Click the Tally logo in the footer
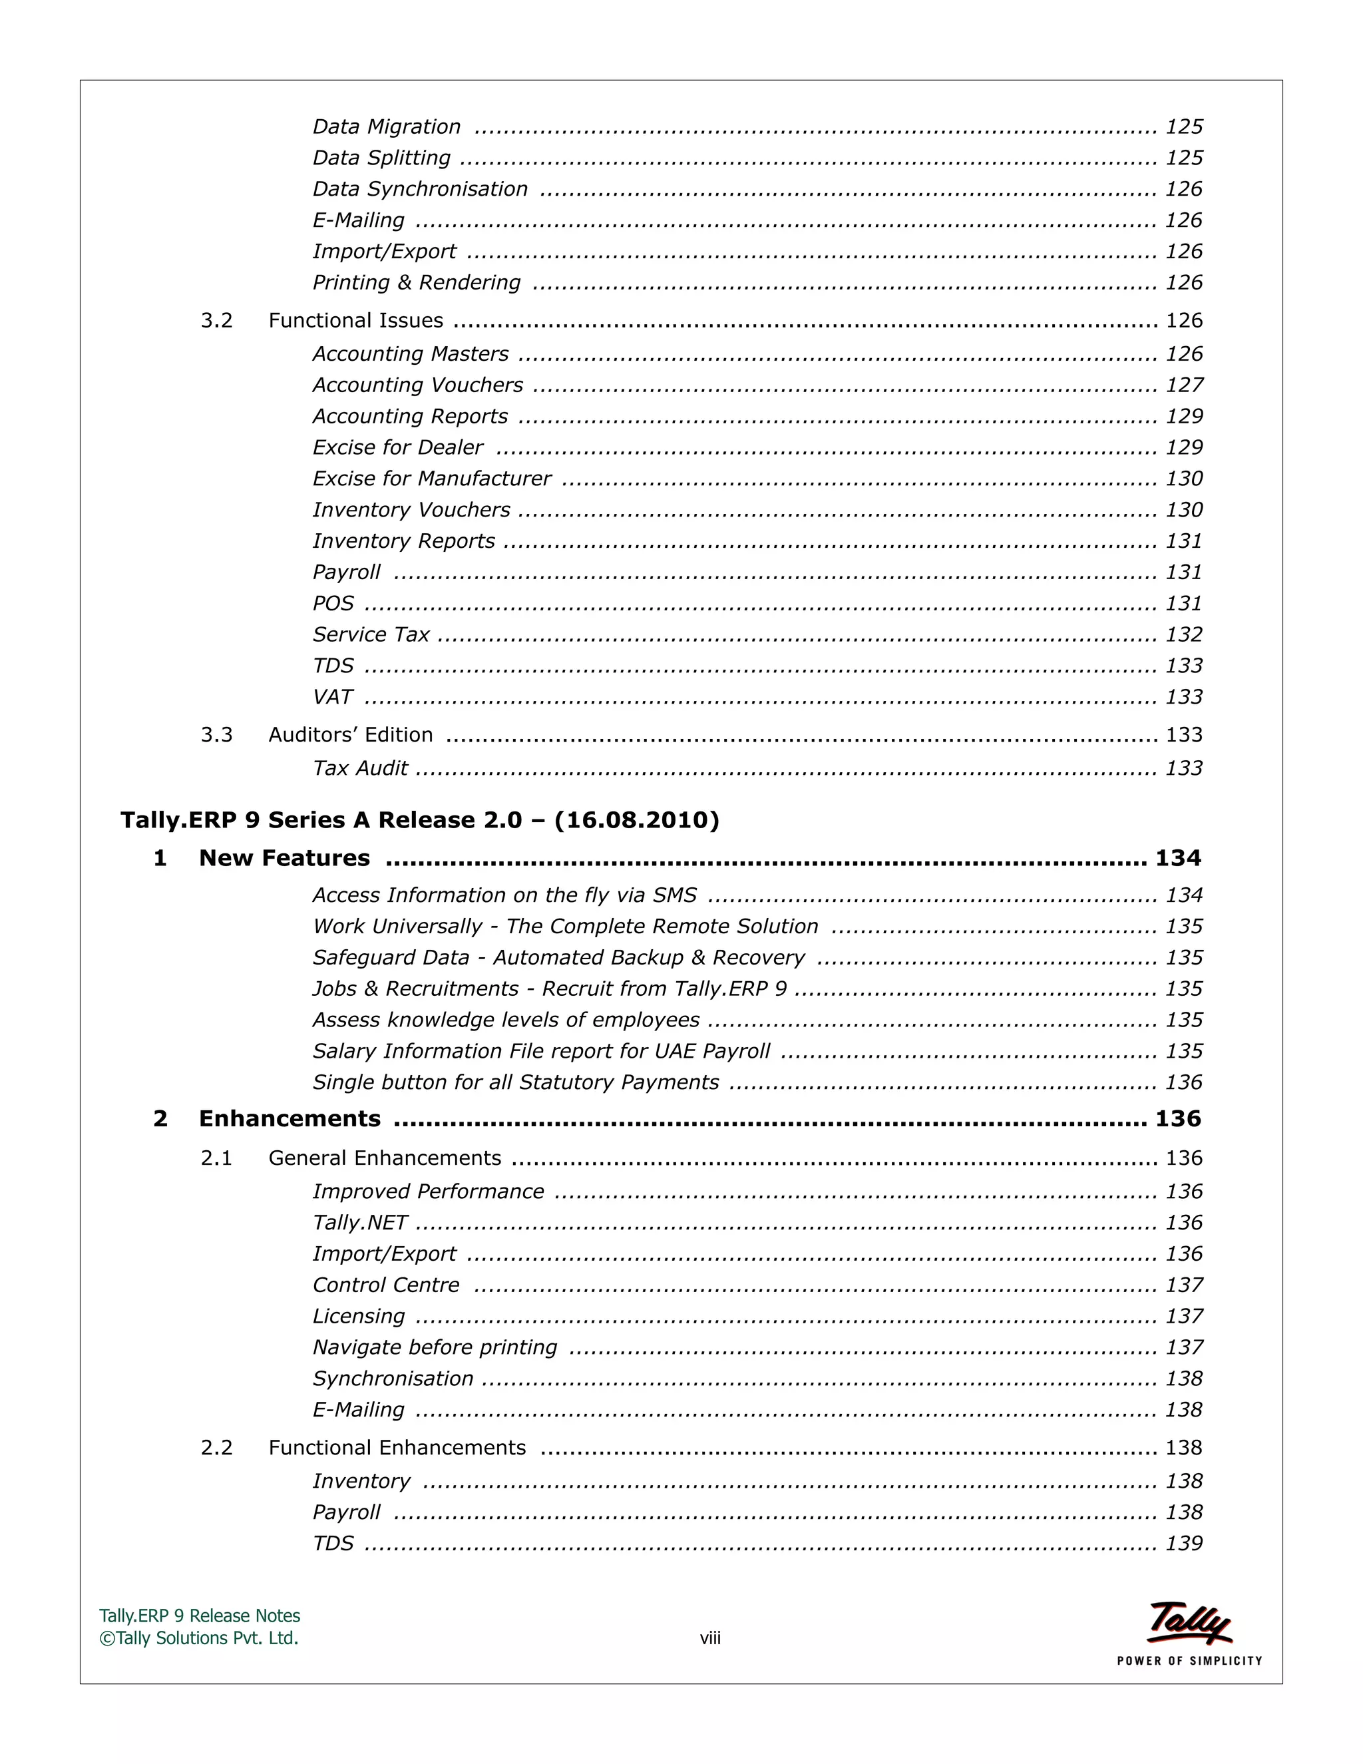[x=1189, y=1624]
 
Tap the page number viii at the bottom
[x=709, y=1638]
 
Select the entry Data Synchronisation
[x=420, y=189]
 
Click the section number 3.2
[x=216, y=321]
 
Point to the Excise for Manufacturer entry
[x=431, y=479]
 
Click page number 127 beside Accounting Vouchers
[x=1184, y=385]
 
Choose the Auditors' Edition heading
[x=351, y=735]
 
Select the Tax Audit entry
[x=360, y=768]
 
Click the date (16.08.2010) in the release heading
[x=636, y=820]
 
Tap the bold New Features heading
[x=284, y=858]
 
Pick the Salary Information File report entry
[x=541, y=1051]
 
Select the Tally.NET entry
[x=360, y=1223]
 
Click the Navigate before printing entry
[x=435, y=1347]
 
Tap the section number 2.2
[x=216, y=1447]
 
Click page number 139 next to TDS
[x=1184, y=1543]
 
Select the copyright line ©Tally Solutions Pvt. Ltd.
[x=198, y=1638]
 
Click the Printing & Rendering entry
[x=417, y=283]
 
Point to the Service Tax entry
[x=371, y=635]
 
